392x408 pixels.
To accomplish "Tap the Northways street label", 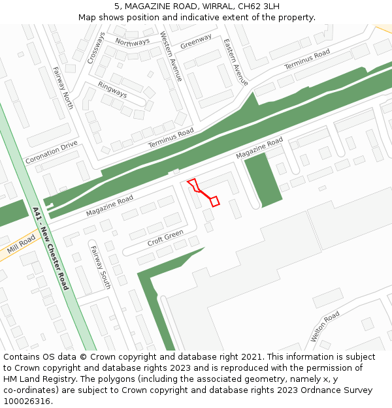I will tap(132, 42).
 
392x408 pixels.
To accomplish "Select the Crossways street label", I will tap(95, 48).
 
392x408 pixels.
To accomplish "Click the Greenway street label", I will tap(196, 41).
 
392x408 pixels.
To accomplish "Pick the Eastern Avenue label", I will tap(236, 62).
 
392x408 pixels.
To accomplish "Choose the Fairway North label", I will tap(63, 87).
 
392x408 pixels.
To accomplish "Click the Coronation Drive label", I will tap(51, 152).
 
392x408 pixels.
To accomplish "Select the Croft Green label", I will tap(165, 238).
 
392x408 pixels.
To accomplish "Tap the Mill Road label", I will tap(21, 245).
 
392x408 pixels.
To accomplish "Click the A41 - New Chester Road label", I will tap(50, 248).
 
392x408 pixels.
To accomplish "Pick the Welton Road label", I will tap(325, 326).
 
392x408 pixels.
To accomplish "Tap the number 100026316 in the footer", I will tap(27, 401).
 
